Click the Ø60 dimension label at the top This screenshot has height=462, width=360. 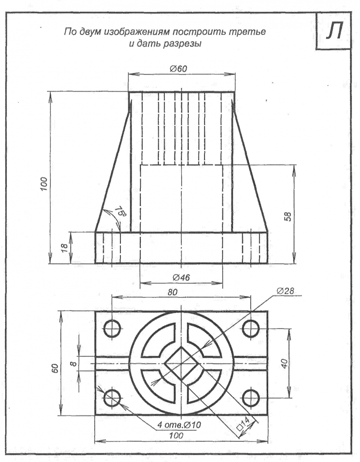178,69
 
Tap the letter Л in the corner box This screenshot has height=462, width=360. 334,31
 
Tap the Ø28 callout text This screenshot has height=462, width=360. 285,291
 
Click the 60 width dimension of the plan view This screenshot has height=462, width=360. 55,368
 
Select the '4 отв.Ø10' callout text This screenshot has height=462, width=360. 179,425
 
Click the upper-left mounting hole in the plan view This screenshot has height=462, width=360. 113,328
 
